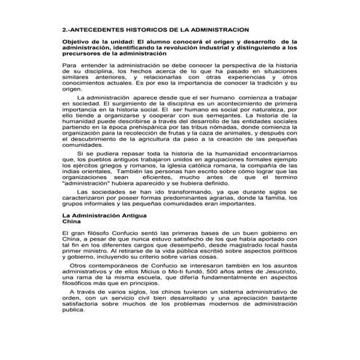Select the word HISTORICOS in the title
[156, 29]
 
